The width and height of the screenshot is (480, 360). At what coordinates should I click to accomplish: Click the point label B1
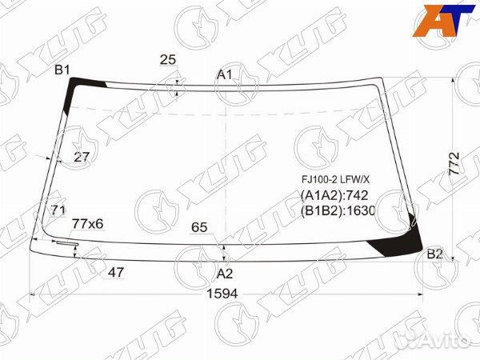(x=62, y=70)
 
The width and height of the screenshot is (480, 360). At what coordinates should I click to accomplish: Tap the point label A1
(x=225, y=74)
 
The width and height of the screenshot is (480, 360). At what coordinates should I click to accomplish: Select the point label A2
(x=225, y=274)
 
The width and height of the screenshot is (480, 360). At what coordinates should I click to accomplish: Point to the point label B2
(x=434, y=254)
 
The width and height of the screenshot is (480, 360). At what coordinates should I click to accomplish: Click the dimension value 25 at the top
(x=168, y=59)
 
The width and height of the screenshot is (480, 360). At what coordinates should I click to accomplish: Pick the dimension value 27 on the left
(x=82, y=157)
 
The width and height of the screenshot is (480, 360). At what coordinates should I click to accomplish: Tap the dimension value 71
(x=58, y=210)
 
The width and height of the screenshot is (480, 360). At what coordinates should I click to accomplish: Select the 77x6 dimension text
(x=88, y=223)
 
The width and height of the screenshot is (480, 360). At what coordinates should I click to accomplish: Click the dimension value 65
(x=199, y=227)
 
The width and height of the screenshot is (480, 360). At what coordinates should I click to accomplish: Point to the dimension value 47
(x=116, y=272)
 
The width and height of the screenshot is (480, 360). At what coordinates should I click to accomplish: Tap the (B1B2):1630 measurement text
(x=338, y=211)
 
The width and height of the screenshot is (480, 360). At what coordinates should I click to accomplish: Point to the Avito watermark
(x=436, y=340)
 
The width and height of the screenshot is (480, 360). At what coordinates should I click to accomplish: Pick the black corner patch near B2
(x=404, y=240)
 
